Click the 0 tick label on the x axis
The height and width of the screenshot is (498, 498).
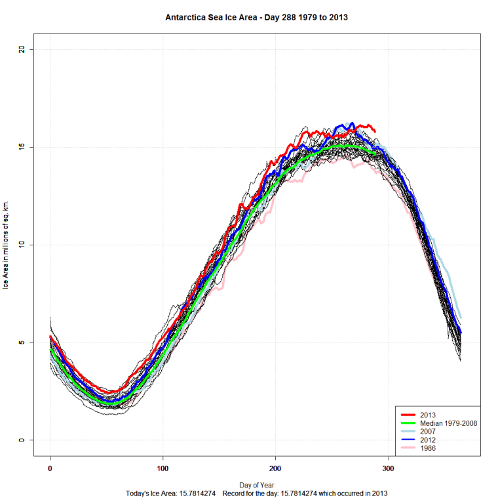[x=50, y=468]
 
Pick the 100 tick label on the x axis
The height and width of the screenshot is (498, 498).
[x=163, y=468]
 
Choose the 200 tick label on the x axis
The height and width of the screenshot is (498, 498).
[x=276, y=468]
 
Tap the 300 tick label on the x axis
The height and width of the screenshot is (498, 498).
[x=389, y=468]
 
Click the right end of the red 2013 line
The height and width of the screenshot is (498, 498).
[x=375, y=131]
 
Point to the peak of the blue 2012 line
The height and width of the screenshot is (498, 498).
[x=352, y=123]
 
